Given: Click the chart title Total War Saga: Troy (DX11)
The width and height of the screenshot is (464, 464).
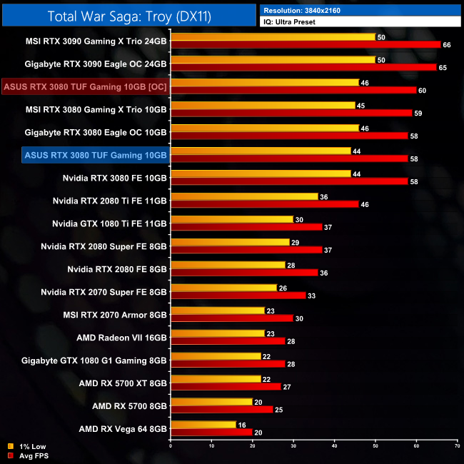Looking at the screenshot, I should coord(129,16).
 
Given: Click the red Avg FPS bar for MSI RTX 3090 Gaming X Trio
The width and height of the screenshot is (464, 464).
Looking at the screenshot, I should coord(306,44).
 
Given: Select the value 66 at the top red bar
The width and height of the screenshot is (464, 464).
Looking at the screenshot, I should coord(448,45).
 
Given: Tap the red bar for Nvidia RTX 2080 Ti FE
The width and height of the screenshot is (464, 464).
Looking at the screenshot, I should coord(264,204).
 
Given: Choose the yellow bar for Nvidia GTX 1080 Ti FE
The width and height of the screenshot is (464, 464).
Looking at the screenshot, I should coord(231,219).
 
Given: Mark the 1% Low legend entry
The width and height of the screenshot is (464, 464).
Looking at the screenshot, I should coord(24,447).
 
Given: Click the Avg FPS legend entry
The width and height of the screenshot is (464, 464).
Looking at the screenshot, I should coord(26,455).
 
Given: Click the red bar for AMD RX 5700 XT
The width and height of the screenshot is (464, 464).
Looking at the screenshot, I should coord(226,386).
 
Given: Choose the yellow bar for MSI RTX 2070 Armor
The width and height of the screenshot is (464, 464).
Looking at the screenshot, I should coord(217,311).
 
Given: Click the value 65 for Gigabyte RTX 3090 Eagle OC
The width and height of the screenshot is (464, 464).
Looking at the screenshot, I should coord(443,67).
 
